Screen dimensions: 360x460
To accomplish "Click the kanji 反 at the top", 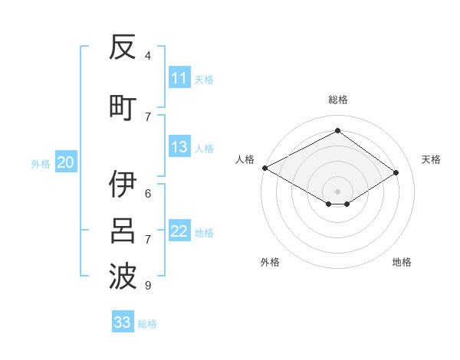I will coord(123,47).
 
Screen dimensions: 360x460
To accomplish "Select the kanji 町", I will coord(123,107).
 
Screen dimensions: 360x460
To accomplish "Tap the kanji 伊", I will coord(123,185).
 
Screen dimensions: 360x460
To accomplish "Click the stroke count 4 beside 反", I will coord(148,55).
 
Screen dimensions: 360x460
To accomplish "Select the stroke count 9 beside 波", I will coord(148,286).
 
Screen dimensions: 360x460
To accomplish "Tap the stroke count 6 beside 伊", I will coord(148,193).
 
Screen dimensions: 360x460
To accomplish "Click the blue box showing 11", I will coord(179,78).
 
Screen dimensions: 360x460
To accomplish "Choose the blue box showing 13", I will coord(179,147).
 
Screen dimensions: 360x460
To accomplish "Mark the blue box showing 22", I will coord(179,231).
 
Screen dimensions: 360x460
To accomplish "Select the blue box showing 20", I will coord(66,162).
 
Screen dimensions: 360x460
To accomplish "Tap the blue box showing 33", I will coord(123,322).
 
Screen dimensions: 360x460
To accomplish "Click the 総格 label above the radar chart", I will coord(337,100).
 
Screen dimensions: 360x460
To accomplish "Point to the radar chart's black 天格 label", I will coord(432,159).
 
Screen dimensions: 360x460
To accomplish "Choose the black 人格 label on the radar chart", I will coord(245,159).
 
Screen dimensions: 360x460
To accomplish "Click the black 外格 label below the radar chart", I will coord(270,262).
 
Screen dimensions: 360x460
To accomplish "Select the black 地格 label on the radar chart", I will coord(402,262).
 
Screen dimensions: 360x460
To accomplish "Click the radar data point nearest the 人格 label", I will coord(264,168).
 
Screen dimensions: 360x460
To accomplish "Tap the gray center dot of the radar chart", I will coord(337,190).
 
